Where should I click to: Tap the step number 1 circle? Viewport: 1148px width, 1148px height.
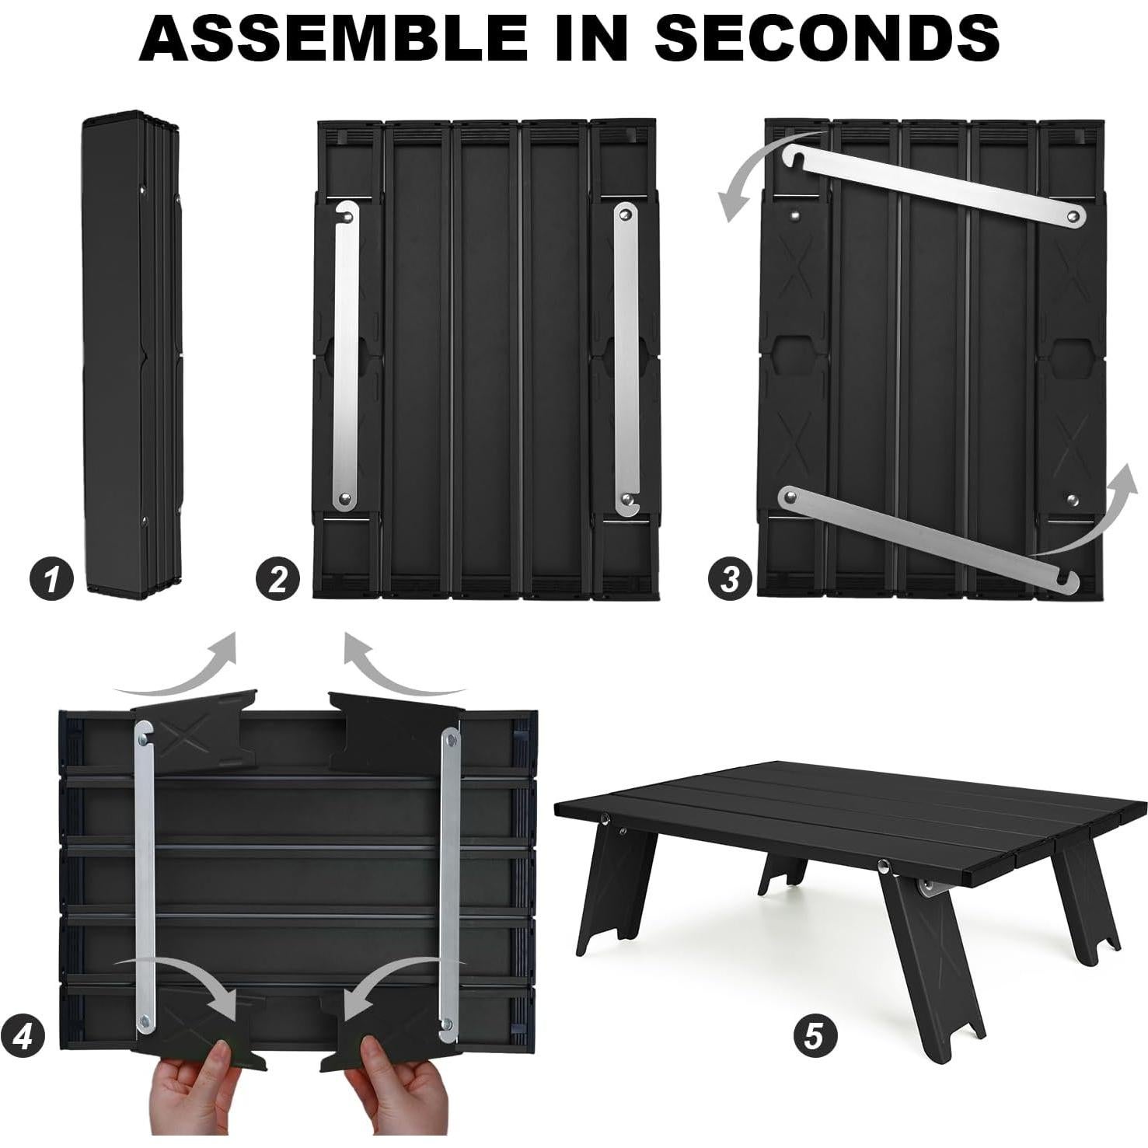51,579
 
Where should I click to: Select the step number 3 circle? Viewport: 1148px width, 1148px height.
729,579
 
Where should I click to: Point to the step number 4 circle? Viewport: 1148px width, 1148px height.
23,1036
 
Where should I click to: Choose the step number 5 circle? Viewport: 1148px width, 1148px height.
813,1035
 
